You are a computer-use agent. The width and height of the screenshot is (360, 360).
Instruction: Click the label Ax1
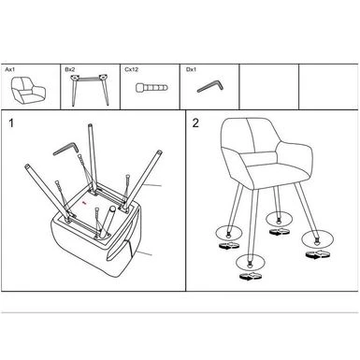9,69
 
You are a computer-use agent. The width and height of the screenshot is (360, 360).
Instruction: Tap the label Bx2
70,69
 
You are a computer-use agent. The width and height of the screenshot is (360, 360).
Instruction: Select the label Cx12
131,69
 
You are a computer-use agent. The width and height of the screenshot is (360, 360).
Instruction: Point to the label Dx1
191,69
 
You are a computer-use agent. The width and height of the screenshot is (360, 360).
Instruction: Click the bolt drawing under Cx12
151,87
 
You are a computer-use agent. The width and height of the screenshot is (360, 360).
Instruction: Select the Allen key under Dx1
210,86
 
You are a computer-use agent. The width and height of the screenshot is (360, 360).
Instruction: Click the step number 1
11,123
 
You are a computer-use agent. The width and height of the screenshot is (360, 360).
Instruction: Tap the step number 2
195,123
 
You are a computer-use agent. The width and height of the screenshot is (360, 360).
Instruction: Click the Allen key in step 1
65,148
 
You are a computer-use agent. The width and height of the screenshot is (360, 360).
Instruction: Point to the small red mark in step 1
83,203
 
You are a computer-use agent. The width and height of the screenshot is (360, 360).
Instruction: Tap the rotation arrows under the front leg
251,277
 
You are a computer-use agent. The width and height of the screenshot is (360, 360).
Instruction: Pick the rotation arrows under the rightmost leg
318,254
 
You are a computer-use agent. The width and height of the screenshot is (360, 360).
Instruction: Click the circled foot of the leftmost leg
228,233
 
